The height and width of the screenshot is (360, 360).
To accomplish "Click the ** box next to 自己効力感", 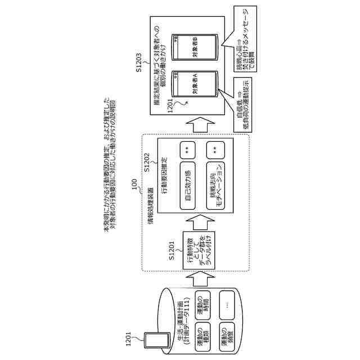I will (187, 151).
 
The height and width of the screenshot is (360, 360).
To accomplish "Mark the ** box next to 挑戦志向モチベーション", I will (214, 151).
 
